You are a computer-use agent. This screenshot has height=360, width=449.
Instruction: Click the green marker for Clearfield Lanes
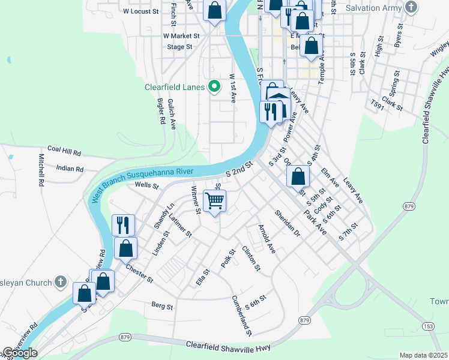point(213,87)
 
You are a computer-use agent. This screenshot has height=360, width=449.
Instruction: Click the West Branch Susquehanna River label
point(142,182)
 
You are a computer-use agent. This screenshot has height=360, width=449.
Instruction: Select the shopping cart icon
point(214,200)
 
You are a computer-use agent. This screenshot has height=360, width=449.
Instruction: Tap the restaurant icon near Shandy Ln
point(123,225)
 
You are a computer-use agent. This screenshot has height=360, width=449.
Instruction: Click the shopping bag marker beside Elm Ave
point(298,176)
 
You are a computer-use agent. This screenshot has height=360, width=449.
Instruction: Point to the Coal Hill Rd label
point(64,149)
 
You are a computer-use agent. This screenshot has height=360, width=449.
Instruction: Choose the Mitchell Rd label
point(41,169)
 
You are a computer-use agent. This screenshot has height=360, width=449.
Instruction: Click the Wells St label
point(146,185)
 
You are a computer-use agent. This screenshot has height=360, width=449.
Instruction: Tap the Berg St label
point(162,306)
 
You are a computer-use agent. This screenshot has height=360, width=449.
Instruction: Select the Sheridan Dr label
point(286,223)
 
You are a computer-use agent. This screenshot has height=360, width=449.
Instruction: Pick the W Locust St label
point(140,11)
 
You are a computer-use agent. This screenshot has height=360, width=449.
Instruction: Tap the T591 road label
point(377,105)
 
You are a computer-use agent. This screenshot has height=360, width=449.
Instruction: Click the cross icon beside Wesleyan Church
point(60,281)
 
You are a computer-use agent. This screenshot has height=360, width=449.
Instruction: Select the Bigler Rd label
point(161,111)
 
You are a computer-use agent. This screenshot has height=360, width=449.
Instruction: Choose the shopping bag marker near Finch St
point(214,10)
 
